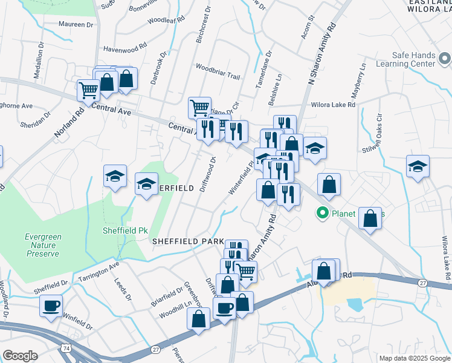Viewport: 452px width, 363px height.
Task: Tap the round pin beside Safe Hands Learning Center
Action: [x=445, y=59]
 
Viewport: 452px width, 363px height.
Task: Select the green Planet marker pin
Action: [x=322, y=213]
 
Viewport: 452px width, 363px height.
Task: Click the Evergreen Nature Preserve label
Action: [x=42, y=245]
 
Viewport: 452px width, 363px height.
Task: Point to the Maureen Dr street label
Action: [x=76, y=25]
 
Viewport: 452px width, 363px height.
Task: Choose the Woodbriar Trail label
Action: [x=218, y=77]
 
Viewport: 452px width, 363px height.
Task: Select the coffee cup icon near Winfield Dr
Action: [x=52, y=306]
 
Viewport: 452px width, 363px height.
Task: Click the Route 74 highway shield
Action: [x=64, y=347]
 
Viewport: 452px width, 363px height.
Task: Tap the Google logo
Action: [x=20, y=356]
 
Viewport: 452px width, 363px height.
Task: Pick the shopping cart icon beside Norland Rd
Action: [x=88, y=90]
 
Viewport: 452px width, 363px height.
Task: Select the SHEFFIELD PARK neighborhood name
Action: [x=188, y=241]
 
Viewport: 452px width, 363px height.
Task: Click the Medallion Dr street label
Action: [x=38, y=60]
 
